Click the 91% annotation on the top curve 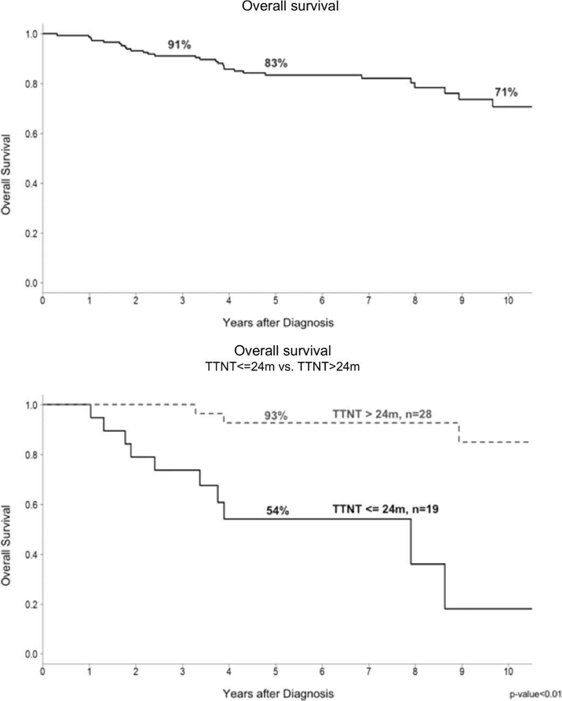click(x=179, y=45)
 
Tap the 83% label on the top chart click(x=276, y=63)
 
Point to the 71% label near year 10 click(x=506, y=93)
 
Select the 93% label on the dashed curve click(x=276, y=416)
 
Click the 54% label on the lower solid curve click(x=278, y=511)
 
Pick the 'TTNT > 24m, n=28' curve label click(x=383, y=414)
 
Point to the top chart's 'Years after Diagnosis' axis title click(x=278, y=323)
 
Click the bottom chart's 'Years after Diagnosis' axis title click(x=278, y=693)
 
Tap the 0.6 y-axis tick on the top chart click(x=32, y=134)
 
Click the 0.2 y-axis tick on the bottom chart click(x=32, y=604)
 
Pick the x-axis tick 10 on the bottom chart click(x=508, y=671)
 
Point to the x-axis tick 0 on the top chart click(x=43, y=301)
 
